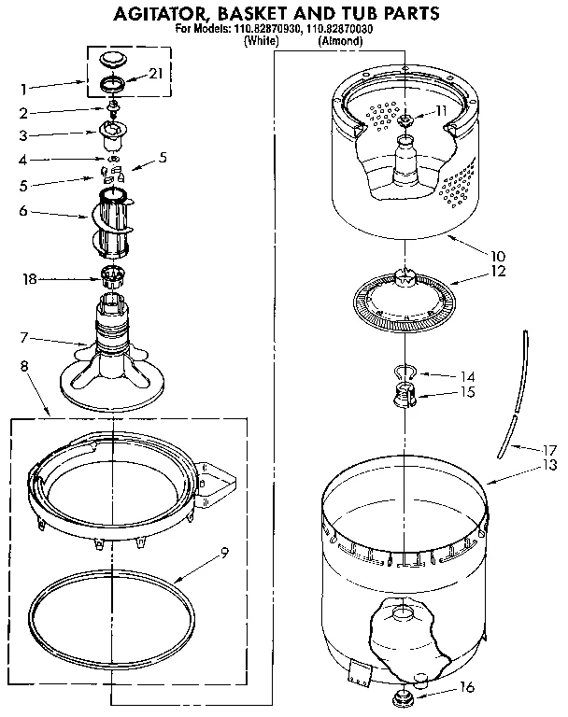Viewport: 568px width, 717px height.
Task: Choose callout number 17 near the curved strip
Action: point(550,448)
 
